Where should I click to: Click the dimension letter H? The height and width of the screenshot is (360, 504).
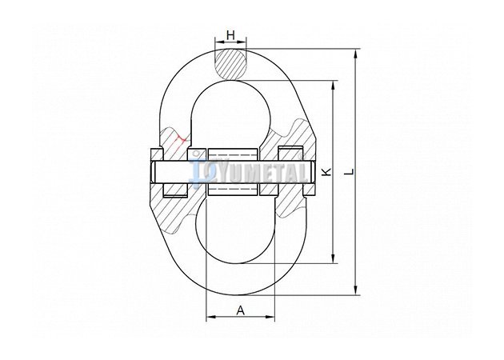(230, 35)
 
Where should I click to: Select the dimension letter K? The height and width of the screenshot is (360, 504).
(326, 172)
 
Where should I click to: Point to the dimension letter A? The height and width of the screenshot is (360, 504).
(241, 310)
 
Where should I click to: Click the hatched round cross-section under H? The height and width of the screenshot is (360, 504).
(230, 64)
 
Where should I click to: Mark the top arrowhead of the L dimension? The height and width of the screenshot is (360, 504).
(355, 54)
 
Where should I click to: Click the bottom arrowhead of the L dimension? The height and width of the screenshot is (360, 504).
(355, 290)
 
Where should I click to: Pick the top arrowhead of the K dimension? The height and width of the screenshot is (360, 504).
(334, 85)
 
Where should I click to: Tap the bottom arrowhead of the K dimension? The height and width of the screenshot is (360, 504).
(334, 258)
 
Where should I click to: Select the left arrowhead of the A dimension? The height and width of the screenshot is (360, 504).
(211, 317)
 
